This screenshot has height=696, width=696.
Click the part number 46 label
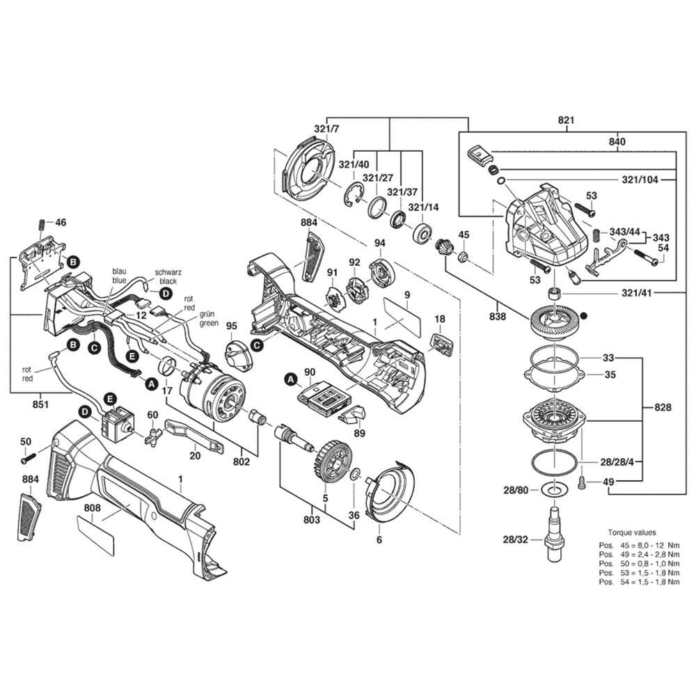pos(61,223)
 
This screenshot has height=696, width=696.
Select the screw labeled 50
pos(28,458)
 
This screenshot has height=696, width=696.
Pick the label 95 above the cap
pos(232,326)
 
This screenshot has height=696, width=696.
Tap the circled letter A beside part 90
pos(289,379)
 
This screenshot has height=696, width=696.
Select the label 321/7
pos(326,130)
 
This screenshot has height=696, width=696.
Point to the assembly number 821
pos(567,120)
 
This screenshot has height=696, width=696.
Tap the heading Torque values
pos(632,532)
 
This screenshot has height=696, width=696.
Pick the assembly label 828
pos(663,407)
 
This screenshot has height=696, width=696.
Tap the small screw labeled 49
pos(583,481)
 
